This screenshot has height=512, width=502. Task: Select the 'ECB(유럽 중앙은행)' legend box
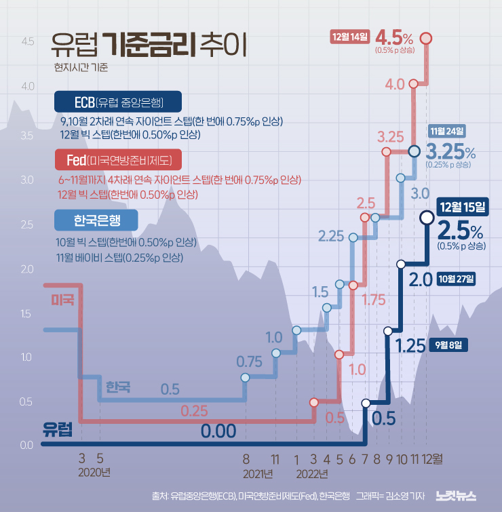tap(118, 102)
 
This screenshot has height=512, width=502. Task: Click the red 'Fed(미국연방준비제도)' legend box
tap(118, 160)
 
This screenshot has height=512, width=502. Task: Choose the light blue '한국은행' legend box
tap(96, 220)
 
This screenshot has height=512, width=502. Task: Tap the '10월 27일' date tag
tap(457, 278)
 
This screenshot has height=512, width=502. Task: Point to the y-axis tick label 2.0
tap(28, 269)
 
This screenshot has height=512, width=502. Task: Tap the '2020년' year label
tap(94, 473)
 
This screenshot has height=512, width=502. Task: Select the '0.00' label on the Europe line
tap(218, 431)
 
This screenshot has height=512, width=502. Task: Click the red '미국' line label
tap(62, 299)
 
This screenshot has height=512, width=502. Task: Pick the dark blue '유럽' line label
tap(57, 429)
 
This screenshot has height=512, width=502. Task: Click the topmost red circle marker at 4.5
tap(427, 38)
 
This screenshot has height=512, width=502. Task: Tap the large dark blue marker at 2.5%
tap(427, 218)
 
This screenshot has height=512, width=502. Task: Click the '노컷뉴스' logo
tap(457, 496)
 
